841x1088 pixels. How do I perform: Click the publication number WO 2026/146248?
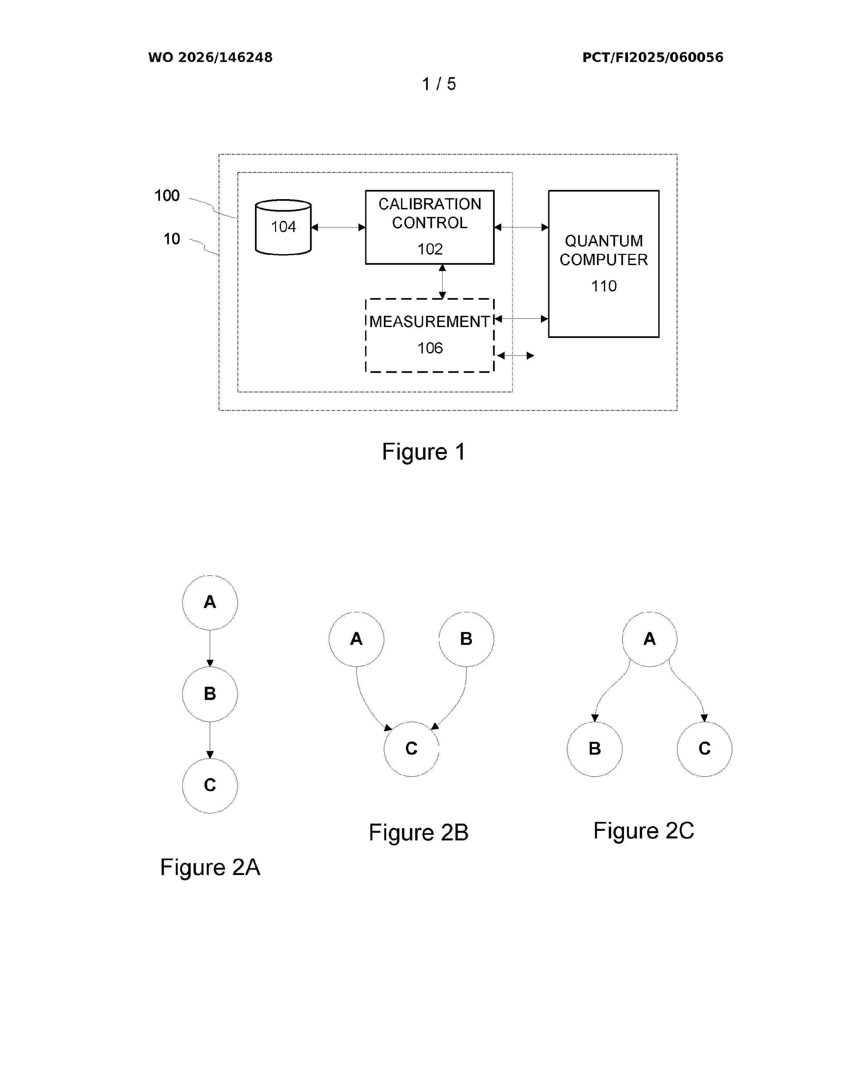[210, 57]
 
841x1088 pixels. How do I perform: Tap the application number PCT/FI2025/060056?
[653, 57]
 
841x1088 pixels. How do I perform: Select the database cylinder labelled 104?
[283, 227]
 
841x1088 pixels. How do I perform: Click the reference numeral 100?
[167, 195]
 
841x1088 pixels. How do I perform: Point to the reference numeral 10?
[172, 239]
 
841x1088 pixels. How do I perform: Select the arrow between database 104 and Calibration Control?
[338, 227]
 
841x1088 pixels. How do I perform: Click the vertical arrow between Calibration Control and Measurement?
[442, 282]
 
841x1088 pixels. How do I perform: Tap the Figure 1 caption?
[423, 452]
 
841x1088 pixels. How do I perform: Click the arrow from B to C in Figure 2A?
[210, 740]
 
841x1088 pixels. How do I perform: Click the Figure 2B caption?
[419, 832]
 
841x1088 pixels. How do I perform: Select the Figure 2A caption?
[210, 867]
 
